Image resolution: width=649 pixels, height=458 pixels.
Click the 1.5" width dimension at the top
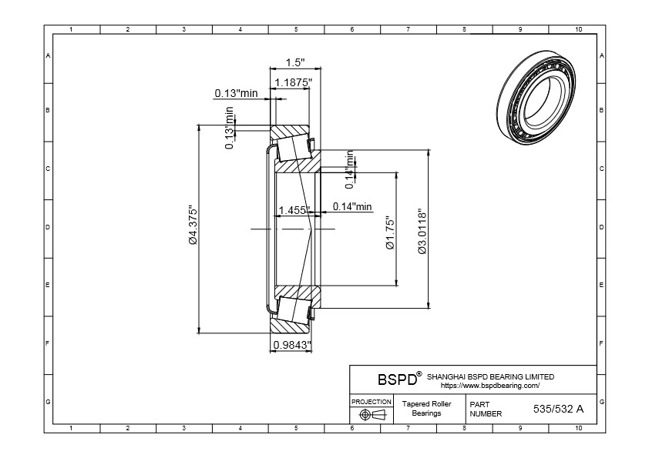(x=295, y=62)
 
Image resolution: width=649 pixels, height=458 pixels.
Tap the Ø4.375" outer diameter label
(x=193, y=226)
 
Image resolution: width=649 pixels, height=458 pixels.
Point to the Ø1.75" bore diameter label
(x=390, y=232)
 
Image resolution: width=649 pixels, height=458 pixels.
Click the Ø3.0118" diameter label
(x=422, y=231)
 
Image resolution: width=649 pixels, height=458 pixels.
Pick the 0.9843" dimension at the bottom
(x=292, y=344)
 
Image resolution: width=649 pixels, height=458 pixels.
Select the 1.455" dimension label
(x=294, y=210)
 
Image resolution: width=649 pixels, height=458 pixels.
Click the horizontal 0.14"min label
(x=352, y=206)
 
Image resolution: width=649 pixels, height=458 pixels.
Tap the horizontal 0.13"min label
(x=236, y=93)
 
